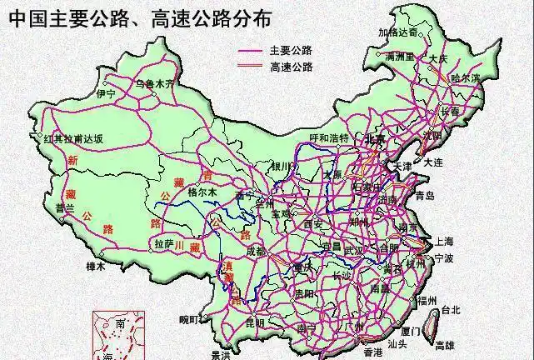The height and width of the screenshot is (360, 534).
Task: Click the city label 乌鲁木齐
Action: pyautogui.click(x=156, y=83)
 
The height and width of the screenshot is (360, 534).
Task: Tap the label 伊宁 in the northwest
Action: pyautogui.click(x=106, y=95)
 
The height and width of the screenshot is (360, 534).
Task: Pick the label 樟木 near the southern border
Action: pyautogui.click(x=96, y=267)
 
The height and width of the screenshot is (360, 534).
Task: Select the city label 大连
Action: pyautogui.click(x=433, y=163)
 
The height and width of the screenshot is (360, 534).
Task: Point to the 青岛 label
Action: pyautogui.click(x=425, y=195)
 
